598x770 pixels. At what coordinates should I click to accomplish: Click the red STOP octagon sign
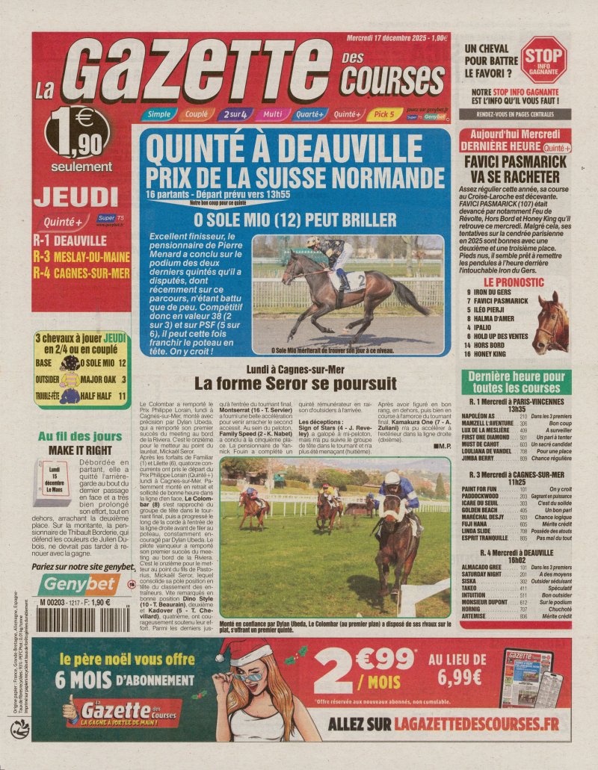(x=543, y=59)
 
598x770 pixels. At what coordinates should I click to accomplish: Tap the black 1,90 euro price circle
(x=79, y=133)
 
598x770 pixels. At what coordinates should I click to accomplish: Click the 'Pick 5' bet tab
(x=384, y=114)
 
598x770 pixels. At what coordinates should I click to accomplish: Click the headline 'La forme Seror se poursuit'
(x=295, y=384)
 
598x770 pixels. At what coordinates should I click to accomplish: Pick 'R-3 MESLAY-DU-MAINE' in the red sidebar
(x=83, y=255)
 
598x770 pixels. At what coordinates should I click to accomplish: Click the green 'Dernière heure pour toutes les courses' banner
(x=517, y=382)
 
